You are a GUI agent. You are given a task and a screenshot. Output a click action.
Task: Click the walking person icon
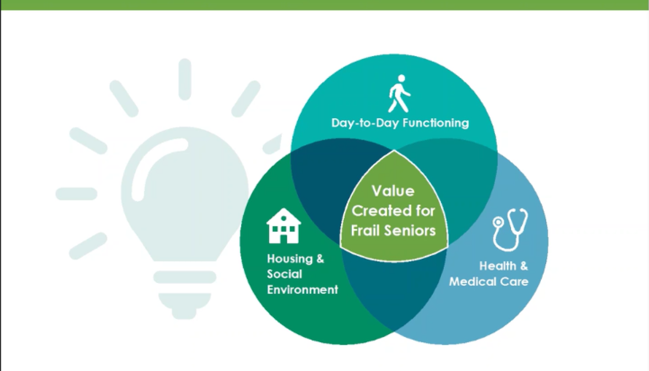(399, 93)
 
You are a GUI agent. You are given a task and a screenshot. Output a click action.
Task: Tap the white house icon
(284, 226)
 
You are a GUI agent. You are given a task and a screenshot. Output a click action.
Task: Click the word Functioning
(436, 123)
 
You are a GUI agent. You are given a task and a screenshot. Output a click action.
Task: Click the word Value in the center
(393, 191)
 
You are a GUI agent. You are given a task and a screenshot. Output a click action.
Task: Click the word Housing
(290, 259)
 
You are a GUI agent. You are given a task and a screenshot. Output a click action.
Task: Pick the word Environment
(302, 290)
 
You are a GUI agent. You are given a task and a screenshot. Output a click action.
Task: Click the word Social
(285, 274)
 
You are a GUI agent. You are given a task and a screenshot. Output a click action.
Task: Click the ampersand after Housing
(320, 259)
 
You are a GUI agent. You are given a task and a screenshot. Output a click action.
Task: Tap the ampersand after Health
(524, 266)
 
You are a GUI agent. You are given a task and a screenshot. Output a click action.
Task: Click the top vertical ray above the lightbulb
(185, 79)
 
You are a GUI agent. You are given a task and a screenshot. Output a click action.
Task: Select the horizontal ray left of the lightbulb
(77, 194)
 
